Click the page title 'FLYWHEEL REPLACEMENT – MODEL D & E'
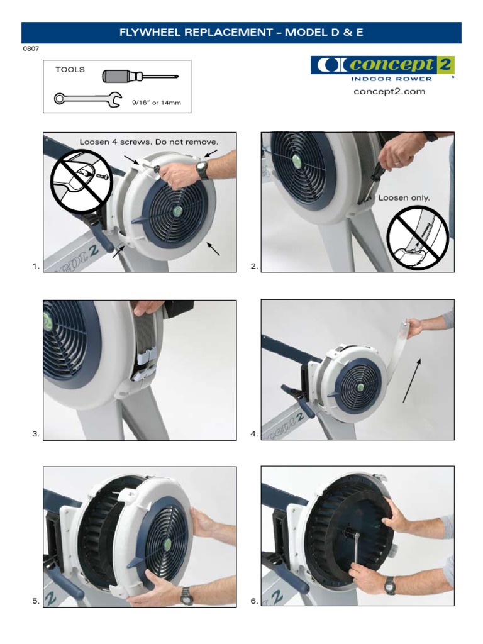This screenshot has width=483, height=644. [241, 33]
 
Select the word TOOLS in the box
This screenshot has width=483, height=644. [70, 70]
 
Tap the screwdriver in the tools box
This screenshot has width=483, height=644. [140, 77]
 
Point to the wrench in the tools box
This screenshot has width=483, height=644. [87, 99]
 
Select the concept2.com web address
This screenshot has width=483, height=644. [389, 92]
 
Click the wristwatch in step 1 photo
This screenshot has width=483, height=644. [201, 169]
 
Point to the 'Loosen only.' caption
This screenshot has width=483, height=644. [404, 197]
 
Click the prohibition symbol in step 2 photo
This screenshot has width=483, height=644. [417, 236]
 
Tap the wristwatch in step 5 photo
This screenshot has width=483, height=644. [187, 594]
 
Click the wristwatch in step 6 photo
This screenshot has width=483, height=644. [391, 585]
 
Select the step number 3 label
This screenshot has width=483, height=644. [36, 434]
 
